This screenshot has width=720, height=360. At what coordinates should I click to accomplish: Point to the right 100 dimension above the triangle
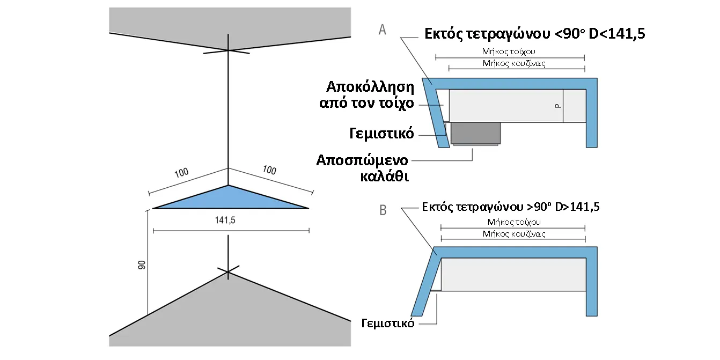click(269, 171)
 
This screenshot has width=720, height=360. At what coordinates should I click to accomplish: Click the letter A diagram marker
click(383, 30)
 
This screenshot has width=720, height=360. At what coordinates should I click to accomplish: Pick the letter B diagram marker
click(383, 210)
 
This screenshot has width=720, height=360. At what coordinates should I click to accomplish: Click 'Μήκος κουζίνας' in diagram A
click(515, 63)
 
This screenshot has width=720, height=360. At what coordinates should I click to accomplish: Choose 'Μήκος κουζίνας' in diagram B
click(514, 234)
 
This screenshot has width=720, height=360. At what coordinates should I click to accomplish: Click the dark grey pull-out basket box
click(476, 133)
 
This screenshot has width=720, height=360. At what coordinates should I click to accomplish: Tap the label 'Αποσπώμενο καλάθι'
click(363, 168)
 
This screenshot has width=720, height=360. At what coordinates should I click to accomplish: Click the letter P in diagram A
click(558, 106)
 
